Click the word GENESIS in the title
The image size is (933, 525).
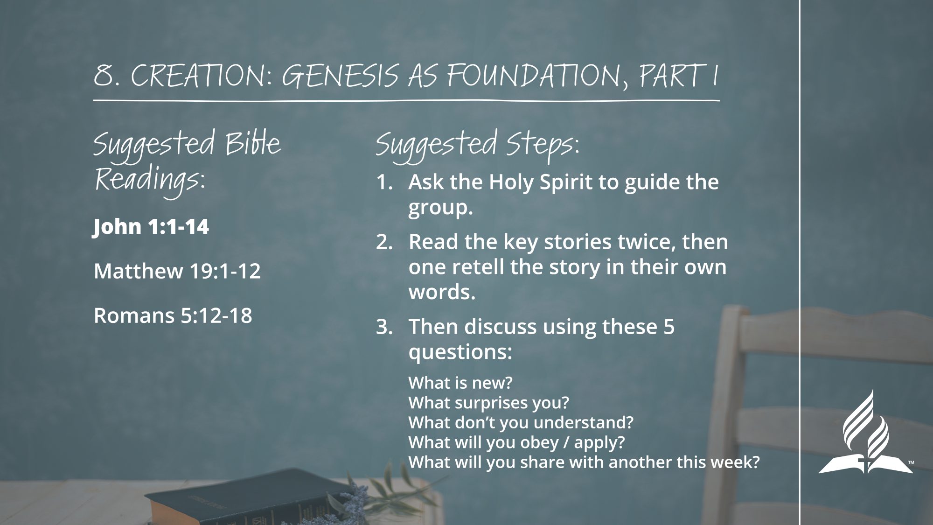point(340,75)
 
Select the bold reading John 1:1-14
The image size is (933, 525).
point(151,227)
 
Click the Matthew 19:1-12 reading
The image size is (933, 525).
point(177,271)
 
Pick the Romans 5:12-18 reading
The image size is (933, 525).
point(173,315)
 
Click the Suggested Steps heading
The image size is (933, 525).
point(477,146)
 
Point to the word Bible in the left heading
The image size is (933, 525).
point(253,143)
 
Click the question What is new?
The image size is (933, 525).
point(460,383)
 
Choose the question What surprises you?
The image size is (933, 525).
point(489,403)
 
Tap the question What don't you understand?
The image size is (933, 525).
point(521,422)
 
